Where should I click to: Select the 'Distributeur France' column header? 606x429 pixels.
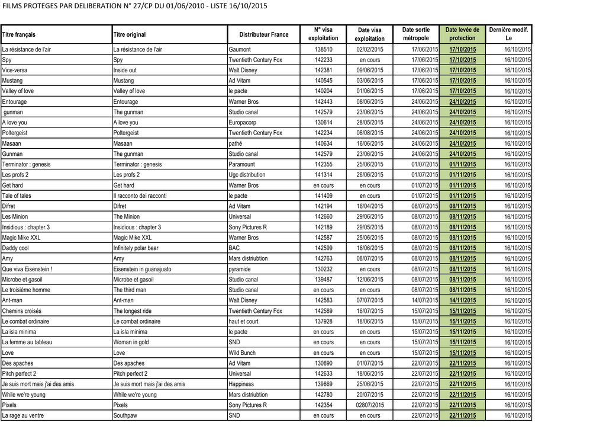pyautogui.click(x=264, y=34)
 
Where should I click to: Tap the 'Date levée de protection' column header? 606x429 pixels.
pyautogui.click(x=462, y=34)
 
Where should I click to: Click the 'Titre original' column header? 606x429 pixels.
pyautogui.click(x=129, y=35)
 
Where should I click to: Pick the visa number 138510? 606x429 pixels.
pyautogui.click(x=323, y=50)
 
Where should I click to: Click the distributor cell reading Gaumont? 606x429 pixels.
pyautogui.click(x=240, y=50)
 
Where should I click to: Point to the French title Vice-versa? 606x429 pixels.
pyautogui.click(x=15, y=71)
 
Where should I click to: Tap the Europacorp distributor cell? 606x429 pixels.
pyautogui.click(x=244, y=123)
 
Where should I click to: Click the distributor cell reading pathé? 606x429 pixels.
pyautogui.click(x=237, y=143)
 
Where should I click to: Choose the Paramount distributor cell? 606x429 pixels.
pyautogui.click(x=242, y=165)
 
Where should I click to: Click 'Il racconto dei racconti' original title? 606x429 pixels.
pyautogui.click(x=140, y=196)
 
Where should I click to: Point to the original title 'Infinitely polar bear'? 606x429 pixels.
pyautogui.click(x=136, y=248)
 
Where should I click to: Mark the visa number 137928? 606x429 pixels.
pyautogui.click(x=323, y=322)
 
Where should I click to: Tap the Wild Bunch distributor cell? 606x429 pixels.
pyautogui.click(x=242, y=353)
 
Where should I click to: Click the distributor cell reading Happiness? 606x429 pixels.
pyautogui.click(x=241, y=385)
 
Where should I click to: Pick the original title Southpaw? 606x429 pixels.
pyautogui.click(x=125, y=416)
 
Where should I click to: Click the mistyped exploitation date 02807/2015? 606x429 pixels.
pyautogui.click(x=370, y=405)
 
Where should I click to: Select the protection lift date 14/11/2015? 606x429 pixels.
pyautogui.click(x=462, y=300)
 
